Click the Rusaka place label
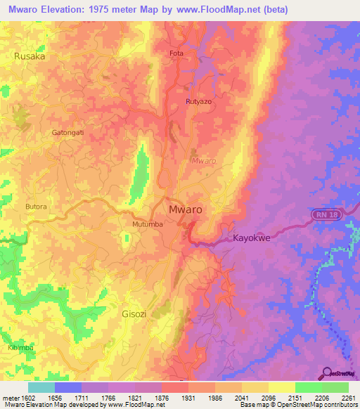pyautogui.click(x=30, y=56)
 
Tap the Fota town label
pyautogui.click(x=176, y=53)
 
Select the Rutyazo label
pyautogui.click(x=198, y=102)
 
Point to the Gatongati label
pyautogui.click(x=67, y=132)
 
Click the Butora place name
pyautogui.click(x=36, y=207)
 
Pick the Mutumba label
pyautogui.click(x=148, y=224)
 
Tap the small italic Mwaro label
pyautogui.click(x=204, y=160)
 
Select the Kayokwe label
pyautogui.click(x=252, y=238)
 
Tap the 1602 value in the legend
pyautogui.click(x=24, y=398)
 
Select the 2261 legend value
pyautogui.click(x=348, y=398)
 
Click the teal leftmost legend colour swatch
pyautogui.click(x=41, y=387)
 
